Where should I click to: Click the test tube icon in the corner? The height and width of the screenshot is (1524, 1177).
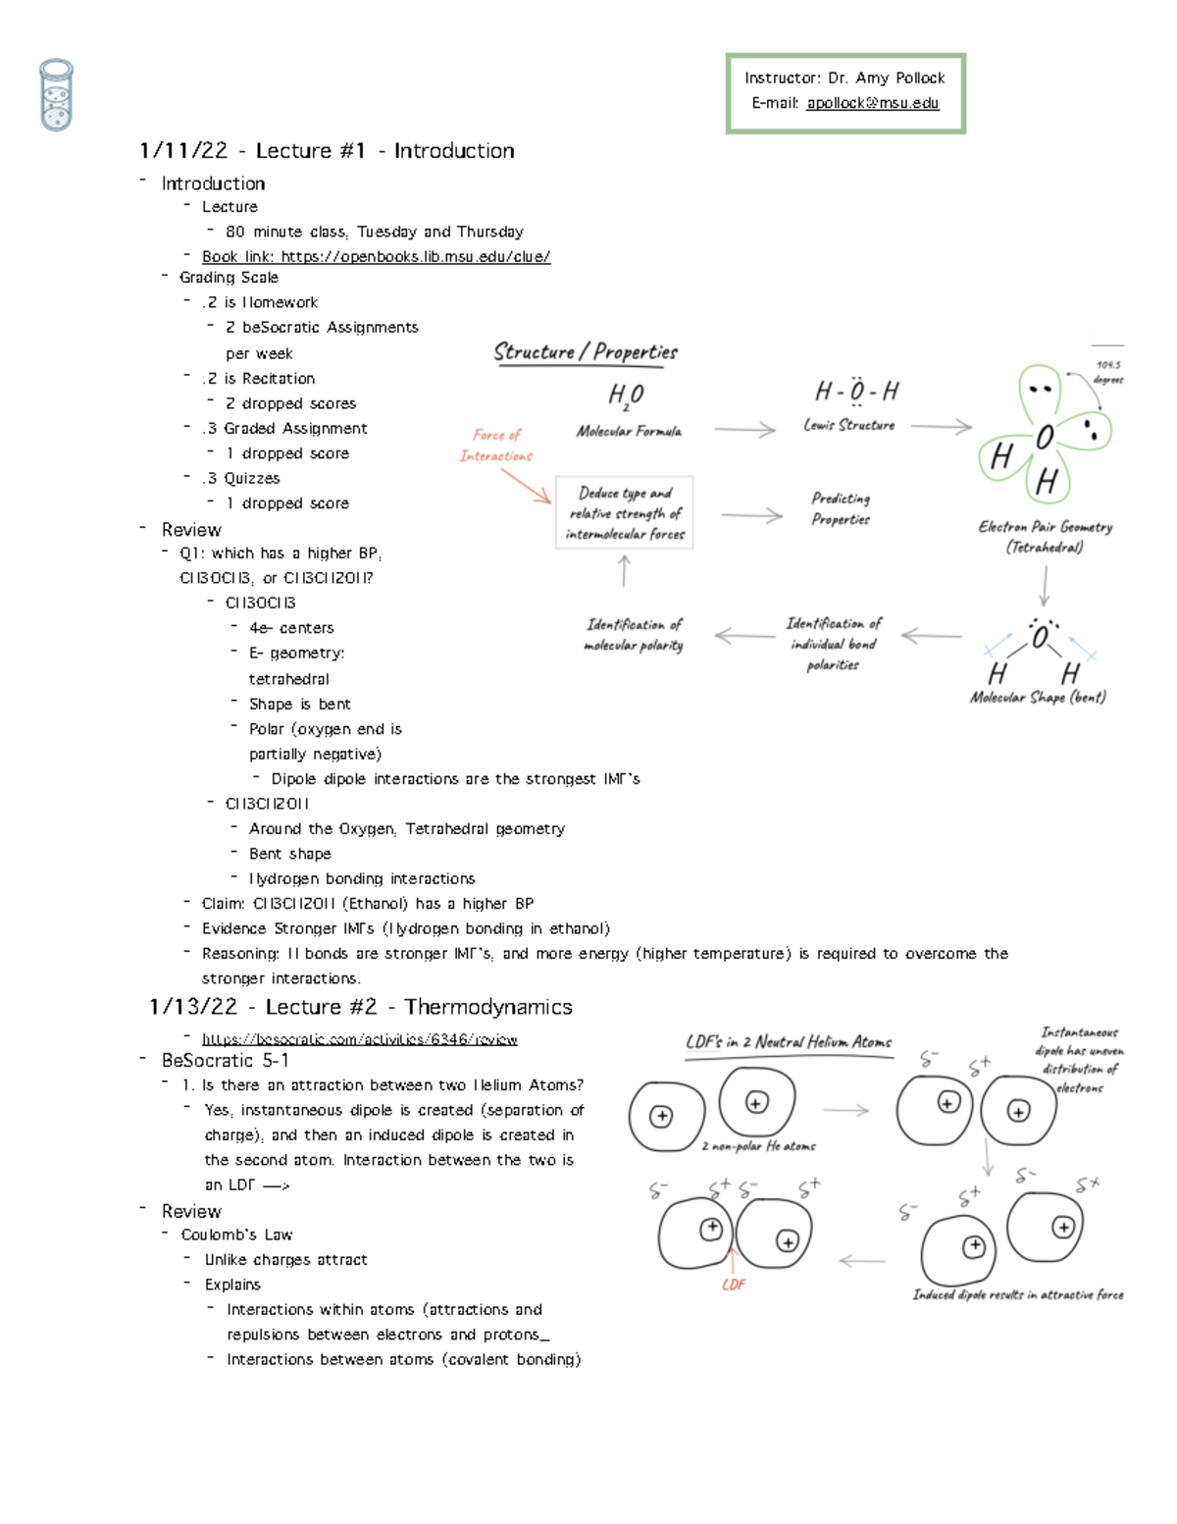click(x=56, y=94)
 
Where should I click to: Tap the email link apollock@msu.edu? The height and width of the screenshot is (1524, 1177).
click(x=872, y=103)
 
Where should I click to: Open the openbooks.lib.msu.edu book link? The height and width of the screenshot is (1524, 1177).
click(x=376, y=257)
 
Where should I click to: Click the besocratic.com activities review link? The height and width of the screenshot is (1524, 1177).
click(x=359, y=1039)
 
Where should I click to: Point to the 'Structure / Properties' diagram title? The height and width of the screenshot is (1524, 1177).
click(x=586, y=352)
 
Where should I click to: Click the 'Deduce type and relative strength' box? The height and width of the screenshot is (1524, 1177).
click(x=624, y=513)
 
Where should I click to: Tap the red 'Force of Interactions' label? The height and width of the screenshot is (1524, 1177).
click(x=496, y=445)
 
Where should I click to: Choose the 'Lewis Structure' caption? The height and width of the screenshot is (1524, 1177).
click(x=848, y=425)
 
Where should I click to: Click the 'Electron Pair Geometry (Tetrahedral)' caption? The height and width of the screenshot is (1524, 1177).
click(x=1045, y=537)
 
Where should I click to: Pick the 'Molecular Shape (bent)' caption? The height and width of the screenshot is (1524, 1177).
click(x=1038, y=697)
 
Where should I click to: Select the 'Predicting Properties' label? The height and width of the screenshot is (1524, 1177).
click(x=841, y=508)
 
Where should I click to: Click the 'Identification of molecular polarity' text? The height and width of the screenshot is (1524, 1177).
click(x=634, y=635)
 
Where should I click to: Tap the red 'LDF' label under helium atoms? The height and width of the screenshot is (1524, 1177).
click(x=734, y=1285)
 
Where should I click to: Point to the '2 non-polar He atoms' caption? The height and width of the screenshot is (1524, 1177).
click(x=758, y=1146)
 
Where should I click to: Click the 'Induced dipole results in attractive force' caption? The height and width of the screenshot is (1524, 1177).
click(x=1018, y=1294)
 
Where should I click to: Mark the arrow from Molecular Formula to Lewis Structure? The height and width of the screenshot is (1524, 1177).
click(x=744, y=429)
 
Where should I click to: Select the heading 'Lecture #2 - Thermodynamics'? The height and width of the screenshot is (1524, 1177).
click(x=361, y=1008)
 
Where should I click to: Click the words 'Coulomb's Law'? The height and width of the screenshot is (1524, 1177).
click(x=236, y=1235)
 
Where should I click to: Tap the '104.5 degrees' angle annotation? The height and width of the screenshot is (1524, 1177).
click(x=1108, y=372)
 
